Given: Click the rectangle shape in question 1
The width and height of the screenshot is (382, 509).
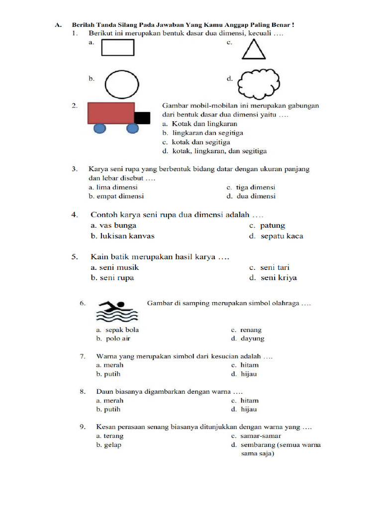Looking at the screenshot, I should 118,47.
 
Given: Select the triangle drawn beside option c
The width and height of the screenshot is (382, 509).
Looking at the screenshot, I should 253,51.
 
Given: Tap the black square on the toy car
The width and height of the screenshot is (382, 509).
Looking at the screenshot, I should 143,118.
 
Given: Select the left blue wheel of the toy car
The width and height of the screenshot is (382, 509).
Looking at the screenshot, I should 100,128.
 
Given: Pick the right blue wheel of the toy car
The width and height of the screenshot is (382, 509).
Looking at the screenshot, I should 132,128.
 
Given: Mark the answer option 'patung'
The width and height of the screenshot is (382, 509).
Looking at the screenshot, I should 273,226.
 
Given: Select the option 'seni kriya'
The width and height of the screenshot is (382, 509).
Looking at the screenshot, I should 279,278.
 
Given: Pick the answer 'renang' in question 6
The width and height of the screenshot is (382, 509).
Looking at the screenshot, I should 251,330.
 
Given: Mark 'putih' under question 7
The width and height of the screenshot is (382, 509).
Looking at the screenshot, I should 112,374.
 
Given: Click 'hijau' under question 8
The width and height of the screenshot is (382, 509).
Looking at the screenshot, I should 249,410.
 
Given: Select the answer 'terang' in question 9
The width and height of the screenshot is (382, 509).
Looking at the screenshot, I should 113,436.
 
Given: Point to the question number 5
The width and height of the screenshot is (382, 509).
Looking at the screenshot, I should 74,257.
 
